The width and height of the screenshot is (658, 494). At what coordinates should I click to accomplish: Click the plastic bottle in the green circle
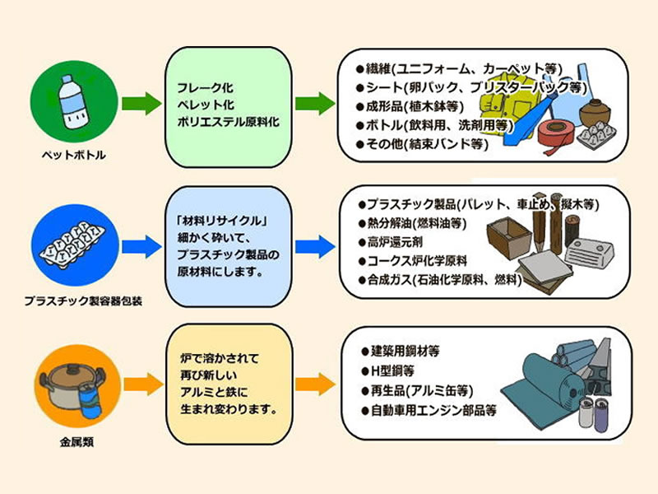click(73, 101)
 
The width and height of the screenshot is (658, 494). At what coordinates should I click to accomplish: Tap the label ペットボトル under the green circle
click(73, 155)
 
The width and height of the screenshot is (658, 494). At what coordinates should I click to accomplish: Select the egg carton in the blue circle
click(72, 246)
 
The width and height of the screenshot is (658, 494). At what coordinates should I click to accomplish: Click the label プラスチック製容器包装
click(83, 301)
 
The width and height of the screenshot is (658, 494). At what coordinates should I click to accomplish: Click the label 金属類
click(76, 442)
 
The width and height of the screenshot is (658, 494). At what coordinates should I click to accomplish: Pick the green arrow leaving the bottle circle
click(141, 104)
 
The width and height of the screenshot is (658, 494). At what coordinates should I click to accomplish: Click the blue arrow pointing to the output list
click(315, 246)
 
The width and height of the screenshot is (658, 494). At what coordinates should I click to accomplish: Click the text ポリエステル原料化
click(228, 122)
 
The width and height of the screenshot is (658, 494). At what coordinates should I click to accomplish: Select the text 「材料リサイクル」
click(222, 221)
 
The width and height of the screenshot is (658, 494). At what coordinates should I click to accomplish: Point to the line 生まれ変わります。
click(229, 408)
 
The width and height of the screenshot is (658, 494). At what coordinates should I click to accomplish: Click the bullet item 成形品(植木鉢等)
click(410, 106)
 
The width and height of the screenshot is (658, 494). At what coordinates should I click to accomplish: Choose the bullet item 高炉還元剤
click(390, 242)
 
